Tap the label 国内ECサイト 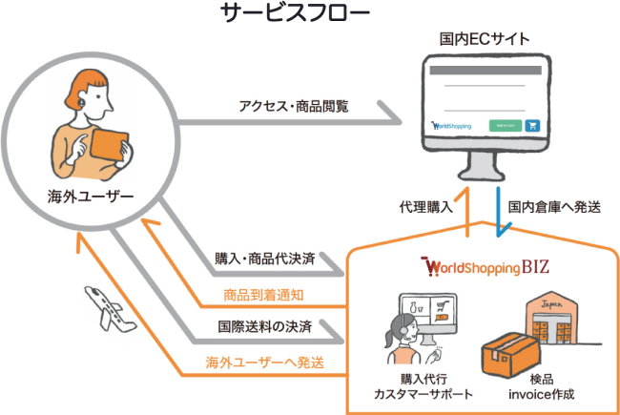pos(486,39)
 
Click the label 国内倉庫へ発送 pos(554,206)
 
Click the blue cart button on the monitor pos(532,124)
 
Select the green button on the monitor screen pos(505,124)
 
